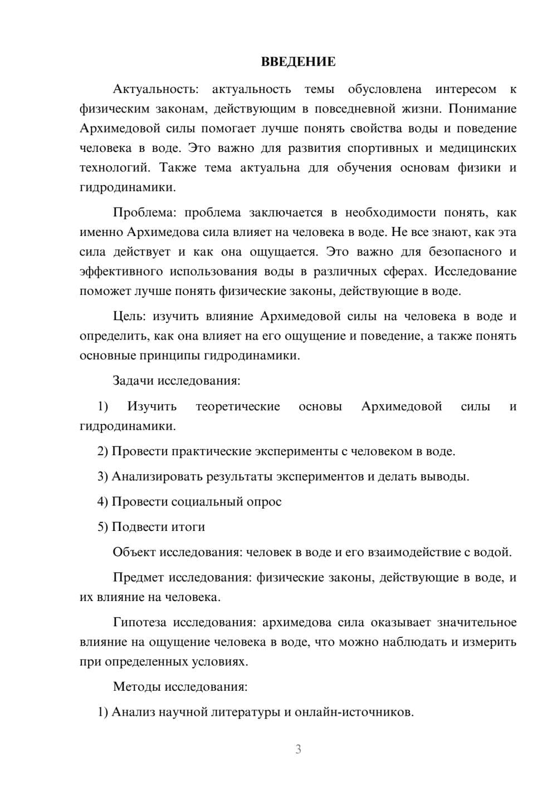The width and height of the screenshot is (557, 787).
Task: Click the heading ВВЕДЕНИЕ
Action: click(x=298, y=62)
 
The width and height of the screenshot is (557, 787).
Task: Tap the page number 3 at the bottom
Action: click(x=298, y=749)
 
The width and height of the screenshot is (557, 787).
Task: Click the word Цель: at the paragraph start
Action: click(x=129, y=317)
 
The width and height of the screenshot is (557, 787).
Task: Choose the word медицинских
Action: click(x=478, y=148)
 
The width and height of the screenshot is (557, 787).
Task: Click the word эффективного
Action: click(x=121, y=272)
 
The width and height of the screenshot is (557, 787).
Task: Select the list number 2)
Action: click(x=103, y=451)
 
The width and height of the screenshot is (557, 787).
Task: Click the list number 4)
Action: click(x=103, y=502)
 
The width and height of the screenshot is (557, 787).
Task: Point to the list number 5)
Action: click(x=103, y=527)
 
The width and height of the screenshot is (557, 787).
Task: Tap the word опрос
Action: click(x=263, y=502)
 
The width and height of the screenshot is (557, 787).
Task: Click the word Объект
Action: click(x=134, y=552)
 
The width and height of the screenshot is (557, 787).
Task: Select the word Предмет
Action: click(x=139, y=578)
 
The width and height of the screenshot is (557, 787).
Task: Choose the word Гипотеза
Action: click(x=141, y=622)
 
